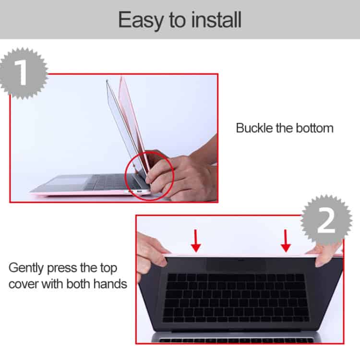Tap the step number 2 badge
[326, 221]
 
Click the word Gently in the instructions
[28, 267]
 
